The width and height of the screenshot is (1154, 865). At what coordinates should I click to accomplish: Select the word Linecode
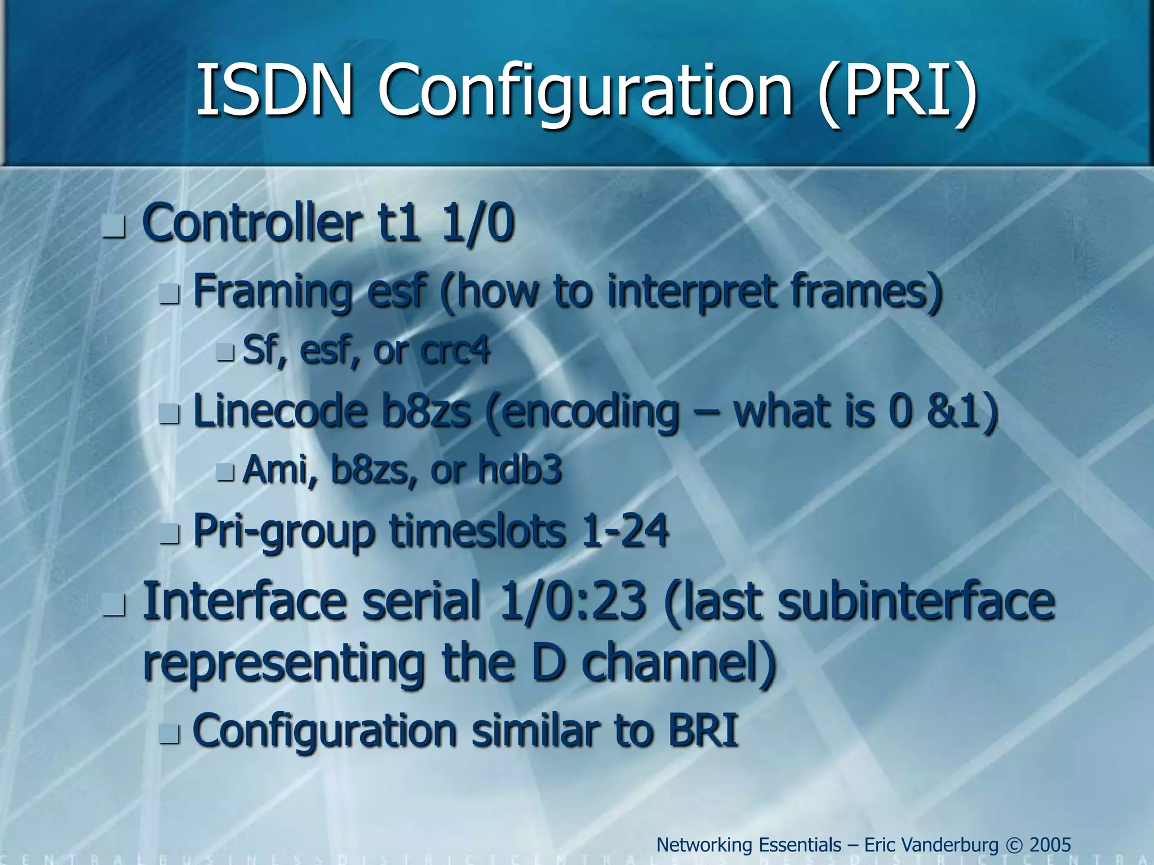pyautogui.click(x=280, y=411)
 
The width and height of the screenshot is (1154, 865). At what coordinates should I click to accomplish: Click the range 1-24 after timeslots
pyautogui.click(x=625, y=531)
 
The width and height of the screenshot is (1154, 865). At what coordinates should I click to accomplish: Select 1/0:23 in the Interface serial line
pyautogui.click(x=572, y=601)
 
